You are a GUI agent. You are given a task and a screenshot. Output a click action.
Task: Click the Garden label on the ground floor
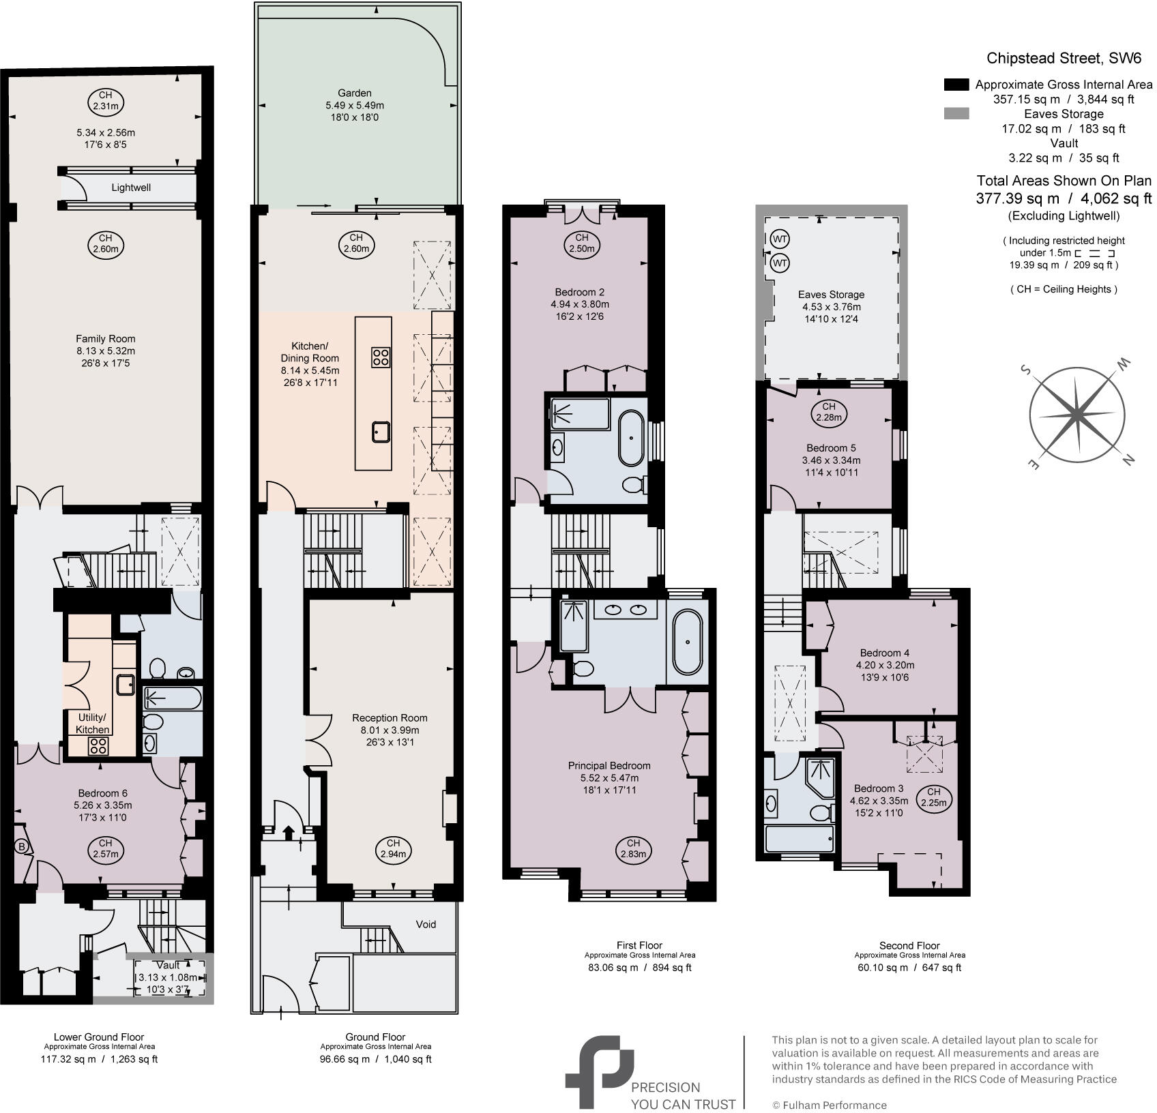[355, 93]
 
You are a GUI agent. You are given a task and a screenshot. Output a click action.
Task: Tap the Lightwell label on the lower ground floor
[131, 188]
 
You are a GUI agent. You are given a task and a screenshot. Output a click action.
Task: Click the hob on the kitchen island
[381, 357]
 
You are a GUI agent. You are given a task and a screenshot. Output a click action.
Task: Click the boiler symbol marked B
[21, 847]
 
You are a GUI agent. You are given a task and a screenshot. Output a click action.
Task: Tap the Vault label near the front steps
[168, 965]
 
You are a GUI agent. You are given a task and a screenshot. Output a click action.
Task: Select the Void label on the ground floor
[426, 924]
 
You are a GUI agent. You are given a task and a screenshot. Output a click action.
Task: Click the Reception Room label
[390, 717]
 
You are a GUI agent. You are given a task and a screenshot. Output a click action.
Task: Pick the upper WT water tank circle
[780, 240]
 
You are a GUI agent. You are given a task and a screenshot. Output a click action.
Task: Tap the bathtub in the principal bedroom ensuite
[687, 642]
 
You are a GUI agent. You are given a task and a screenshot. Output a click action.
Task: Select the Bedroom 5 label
[830, 448]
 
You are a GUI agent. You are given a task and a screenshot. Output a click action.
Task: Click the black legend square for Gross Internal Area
[956, 85]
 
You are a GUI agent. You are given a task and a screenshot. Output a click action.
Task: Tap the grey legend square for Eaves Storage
[956, 114]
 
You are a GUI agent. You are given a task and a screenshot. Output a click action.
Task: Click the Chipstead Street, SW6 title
[1064, 58]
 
